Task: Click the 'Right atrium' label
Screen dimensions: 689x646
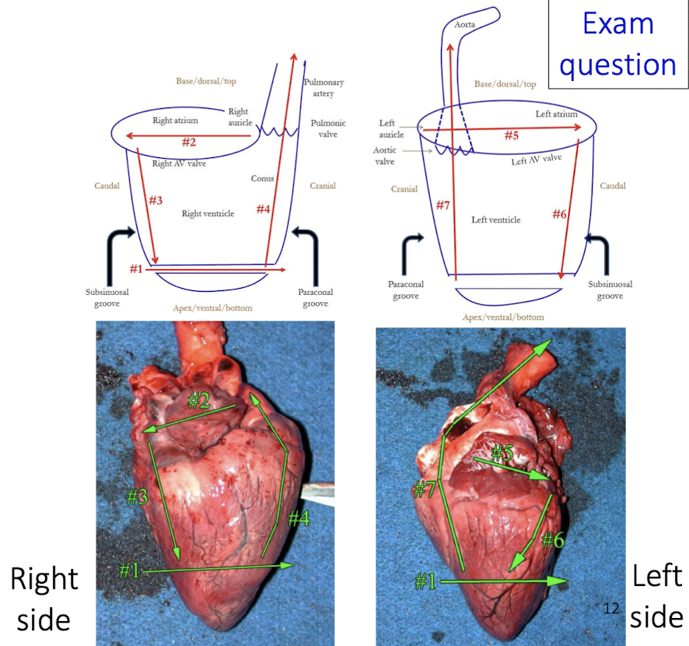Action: (175, 121)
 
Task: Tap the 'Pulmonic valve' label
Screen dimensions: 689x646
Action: (328, 128)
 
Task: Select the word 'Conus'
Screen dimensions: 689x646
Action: (263, 178)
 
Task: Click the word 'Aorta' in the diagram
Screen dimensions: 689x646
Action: (463, 26)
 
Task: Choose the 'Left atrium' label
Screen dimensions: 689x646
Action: (556, 114)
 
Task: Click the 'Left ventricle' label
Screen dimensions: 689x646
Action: (496, 220)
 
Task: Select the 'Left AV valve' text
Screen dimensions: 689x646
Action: (536, 160)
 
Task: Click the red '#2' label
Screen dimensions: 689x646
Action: (188, 142)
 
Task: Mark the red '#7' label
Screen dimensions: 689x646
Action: (442, 205)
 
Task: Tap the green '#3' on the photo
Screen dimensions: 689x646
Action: (137, 497)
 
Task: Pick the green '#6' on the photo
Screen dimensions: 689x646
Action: (552, 539)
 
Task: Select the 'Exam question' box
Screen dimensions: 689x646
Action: (617, 45)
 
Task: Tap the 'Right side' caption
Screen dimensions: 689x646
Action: (44, 598)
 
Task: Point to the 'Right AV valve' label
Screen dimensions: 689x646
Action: (180, 163)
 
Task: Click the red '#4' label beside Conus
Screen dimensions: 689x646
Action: (264, 209)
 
